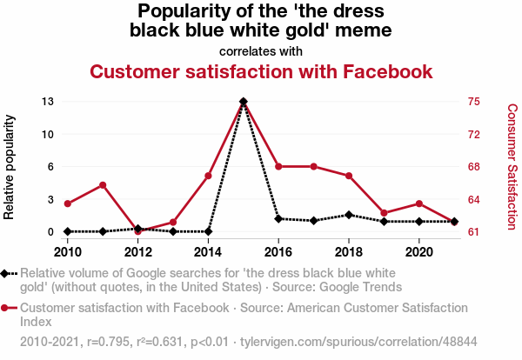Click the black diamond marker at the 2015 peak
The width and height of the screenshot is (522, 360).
[244, 102]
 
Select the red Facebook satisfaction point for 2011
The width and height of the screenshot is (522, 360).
[103, 184]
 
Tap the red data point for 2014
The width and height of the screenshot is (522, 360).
[209, 176]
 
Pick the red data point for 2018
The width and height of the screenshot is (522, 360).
[349, 176]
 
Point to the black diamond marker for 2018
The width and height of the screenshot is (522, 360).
[349, 215]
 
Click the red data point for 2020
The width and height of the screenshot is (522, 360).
[419, 203]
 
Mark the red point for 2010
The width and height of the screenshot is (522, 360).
[68, 203]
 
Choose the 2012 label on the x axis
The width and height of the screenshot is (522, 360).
[137, 251]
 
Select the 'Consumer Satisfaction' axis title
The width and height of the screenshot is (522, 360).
[512, 166]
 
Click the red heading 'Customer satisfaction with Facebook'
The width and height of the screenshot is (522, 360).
[261, 71]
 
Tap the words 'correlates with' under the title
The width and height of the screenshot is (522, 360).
[261, 51]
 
